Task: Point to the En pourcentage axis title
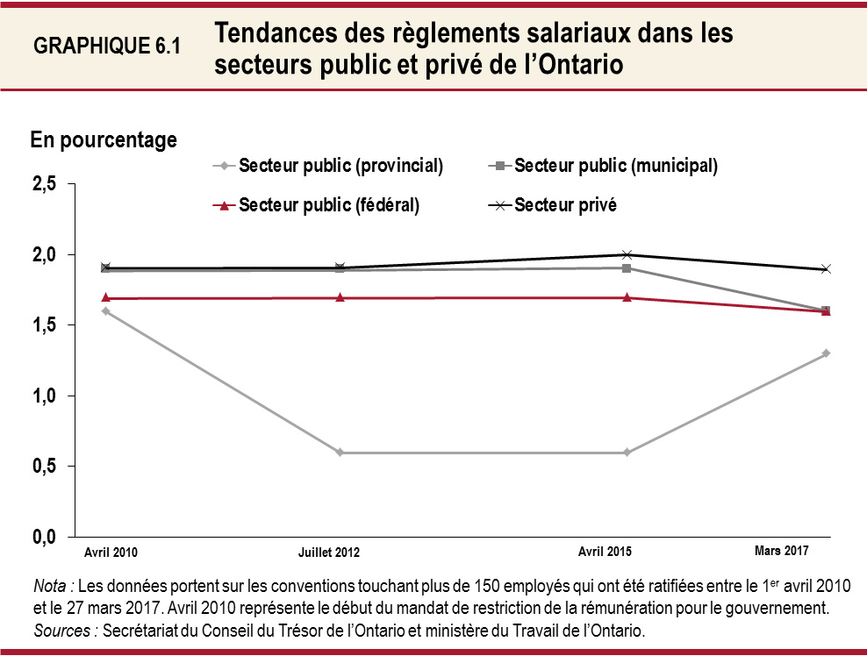(x=104, y=139)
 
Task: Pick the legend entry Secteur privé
(x=565, y=206)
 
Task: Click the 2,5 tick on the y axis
(x=45, y=184)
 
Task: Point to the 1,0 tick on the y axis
(x=45, y=396)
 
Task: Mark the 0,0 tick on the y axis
(x=45, y=537)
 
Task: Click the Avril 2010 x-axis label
(x=111, y=553)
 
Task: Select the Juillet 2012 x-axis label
(x=329, y=553)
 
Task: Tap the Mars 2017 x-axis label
(x=781, y=551)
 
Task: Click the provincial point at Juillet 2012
(x=340, y=453)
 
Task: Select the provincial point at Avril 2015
(x=627, y=453)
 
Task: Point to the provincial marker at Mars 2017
(x=826, y=353)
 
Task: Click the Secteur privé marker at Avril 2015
(x=627, y=254)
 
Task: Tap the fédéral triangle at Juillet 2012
(x=340, y=297)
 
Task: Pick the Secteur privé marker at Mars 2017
(x=826, y=268)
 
